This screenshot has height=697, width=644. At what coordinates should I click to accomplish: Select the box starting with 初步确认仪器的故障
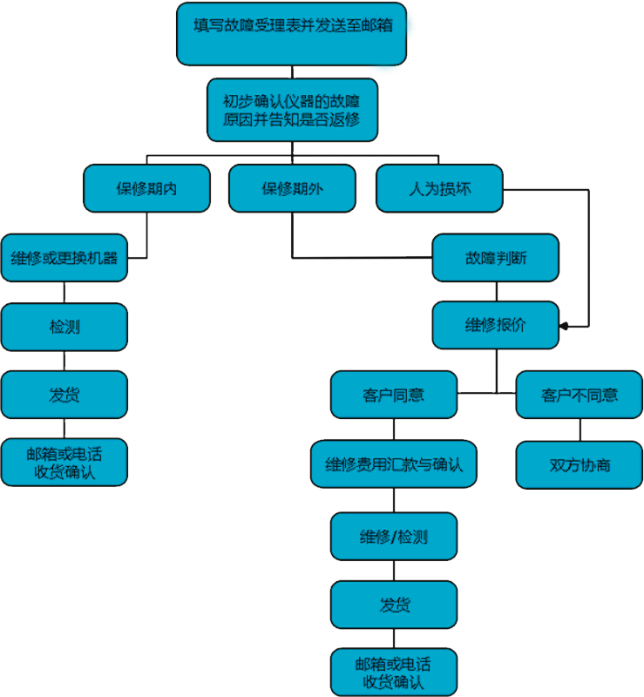point(292,110)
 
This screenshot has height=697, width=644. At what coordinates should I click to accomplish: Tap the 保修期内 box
point(146,188)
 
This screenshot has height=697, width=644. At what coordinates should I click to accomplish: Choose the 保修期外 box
point(292,188)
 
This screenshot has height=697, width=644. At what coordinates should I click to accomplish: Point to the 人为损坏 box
point(439,188)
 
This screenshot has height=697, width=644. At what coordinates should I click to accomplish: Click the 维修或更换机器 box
point(64,258)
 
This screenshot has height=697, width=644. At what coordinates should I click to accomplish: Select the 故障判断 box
point(495,258)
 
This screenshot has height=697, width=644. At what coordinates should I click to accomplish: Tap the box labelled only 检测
point(64,327)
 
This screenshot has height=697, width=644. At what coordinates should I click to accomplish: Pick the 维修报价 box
point(495,327)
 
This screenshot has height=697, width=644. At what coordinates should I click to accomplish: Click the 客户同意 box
point(394,395)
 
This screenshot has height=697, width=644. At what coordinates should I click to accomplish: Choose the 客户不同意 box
point(580,395)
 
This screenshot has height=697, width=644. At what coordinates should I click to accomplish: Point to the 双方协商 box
point(580,465)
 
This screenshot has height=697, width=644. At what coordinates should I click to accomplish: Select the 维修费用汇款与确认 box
point(394,464)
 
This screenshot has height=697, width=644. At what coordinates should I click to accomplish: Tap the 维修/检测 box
point(394,537)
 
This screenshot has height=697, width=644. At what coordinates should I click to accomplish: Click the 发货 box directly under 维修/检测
point(394,605)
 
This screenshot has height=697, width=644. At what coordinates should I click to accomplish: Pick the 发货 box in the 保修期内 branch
point(64,395)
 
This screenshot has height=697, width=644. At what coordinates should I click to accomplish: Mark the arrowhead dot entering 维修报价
point(564,327)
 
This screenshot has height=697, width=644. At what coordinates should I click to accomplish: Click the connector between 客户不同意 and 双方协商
point(580,430)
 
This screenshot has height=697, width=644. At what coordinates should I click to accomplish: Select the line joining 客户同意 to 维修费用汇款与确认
point(394,429)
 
